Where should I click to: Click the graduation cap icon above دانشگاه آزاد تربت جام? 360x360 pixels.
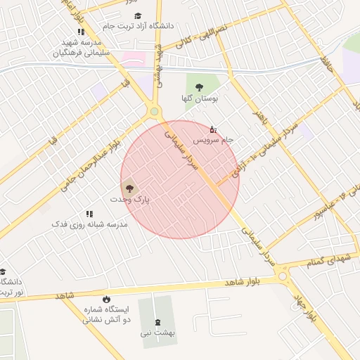tap(138, 15)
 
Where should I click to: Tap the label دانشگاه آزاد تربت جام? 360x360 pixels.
tap(138, 26)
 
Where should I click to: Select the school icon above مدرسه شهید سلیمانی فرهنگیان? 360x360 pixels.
tap(81, 32)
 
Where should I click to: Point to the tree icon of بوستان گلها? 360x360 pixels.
tap(200, 87)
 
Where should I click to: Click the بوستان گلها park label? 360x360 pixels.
tap(200, 99)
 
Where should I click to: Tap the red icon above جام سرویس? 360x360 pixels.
tap(213, 129)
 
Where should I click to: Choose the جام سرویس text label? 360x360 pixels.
tap(213, 141)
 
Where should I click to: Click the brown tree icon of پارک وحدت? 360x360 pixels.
tap(129, 188)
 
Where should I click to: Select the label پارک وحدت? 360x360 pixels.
tap(130, 200)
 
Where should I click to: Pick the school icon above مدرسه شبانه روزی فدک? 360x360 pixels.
tap(89, 213)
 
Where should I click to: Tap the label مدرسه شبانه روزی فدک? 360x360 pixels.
tap(89, 224)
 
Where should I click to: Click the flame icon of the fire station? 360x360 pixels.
tap(106, 299)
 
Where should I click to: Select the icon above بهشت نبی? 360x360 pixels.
tap(157, 322)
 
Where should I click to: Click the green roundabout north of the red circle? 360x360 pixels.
tap(155, 111)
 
